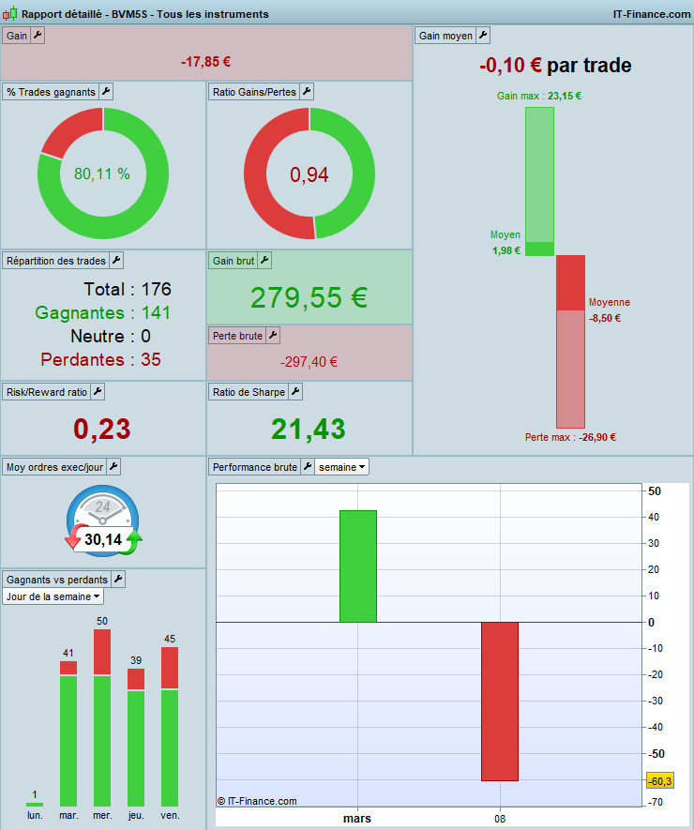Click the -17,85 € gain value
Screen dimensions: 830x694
point(205,62)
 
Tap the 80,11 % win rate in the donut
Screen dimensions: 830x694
point(102,174)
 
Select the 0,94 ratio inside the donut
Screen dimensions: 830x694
point(309,174)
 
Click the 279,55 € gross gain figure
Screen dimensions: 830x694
point(309,297)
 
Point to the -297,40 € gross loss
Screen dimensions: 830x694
point(309,362)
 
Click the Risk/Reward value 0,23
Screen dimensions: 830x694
point(102,429)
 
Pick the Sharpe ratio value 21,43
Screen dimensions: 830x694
point(309,429)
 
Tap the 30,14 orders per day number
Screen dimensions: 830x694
point(102,539)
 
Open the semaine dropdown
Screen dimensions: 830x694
point(341,466)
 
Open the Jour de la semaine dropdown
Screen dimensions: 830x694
point(53,596)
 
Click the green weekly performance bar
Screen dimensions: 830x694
point(357,566)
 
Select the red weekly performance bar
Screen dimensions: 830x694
point(499,701)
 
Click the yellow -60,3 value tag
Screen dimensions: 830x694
point(659,781)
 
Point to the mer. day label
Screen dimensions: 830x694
point(102,816)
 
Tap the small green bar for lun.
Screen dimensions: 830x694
point(35,804)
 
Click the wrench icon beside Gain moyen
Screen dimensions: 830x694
point(483,36)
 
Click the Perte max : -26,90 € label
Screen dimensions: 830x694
point(570,437)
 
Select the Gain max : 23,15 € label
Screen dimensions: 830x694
point(538,96)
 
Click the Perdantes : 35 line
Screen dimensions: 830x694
point(100,359)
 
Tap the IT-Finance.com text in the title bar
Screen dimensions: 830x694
point(651,14)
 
